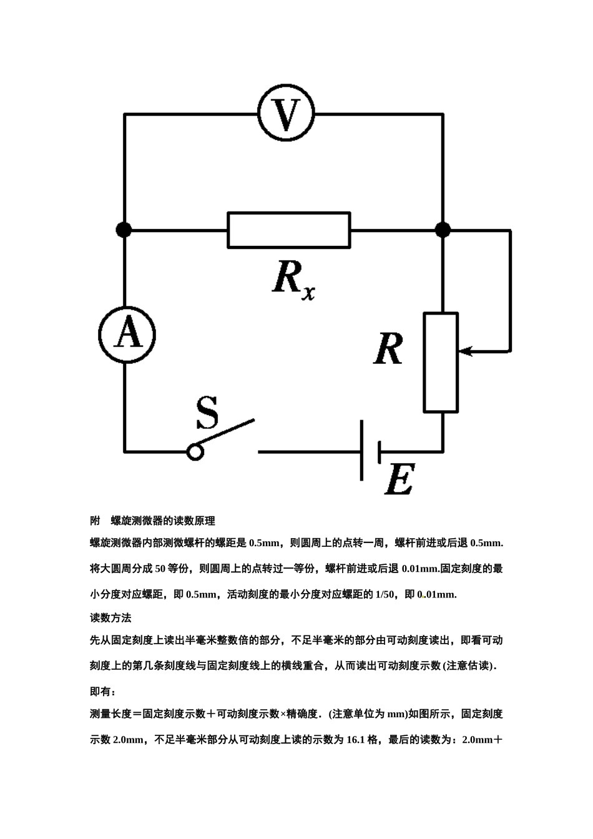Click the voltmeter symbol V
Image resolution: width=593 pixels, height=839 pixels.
pos(286,113)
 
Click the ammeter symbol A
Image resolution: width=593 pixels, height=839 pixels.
pos(127,335)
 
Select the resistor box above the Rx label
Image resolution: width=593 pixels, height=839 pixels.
pos(289,230)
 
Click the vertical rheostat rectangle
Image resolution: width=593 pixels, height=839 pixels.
pos(441,362)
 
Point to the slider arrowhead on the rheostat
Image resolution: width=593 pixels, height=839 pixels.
pos(465,351)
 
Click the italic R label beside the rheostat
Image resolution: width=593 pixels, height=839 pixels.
pos(388,349)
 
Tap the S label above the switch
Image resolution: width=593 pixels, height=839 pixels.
pos(207,413)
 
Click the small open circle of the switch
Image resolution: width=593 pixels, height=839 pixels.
pos(195,452)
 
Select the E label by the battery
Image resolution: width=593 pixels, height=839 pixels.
pos(400,479)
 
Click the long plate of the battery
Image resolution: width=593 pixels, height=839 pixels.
pos(361,450)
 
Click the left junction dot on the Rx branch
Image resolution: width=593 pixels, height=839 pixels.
pos(124,230)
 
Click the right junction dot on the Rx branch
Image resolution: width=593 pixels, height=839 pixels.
pos(443,230)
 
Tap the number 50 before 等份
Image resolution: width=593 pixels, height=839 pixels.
pos(160,569)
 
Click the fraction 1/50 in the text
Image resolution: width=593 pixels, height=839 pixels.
pos(385,594)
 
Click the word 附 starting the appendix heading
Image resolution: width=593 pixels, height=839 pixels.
pos(95,521)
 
